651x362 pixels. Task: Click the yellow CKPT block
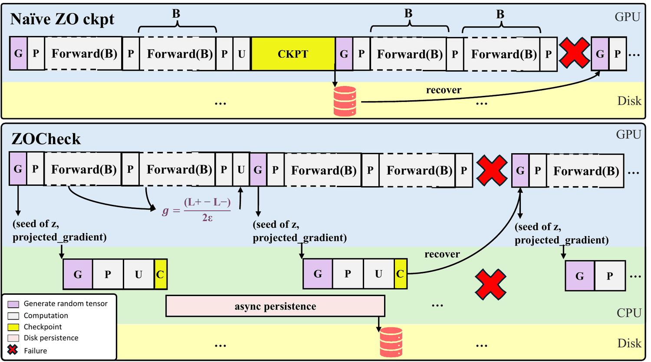[x=293, y=54]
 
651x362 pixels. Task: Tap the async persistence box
[x=275, y=306]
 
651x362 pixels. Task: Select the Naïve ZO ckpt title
[x=62, y=20]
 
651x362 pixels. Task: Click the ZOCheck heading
[x=46, y=139]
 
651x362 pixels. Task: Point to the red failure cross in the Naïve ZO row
[x=574, y=53]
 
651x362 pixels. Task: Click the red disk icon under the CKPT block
[x=345, y=101]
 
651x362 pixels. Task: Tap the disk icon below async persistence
[x=391, y=342]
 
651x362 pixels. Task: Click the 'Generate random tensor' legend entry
[x=58, y=303]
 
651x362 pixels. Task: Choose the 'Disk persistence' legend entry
[x=43, y=338]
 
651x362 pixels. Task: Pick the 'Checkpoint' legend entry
[x=35, y=327]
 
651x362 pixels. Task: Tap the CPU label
[x=629, y=313]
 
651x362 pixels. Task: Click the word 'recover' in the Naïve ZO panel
[x=444, y=90]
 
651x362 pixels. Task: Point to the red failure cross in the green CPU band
[x=490, y=284]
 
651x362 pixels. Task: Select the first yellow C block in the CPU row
[x=161, y=274]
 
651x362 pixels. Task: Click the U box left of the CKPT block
[x=241, y=54]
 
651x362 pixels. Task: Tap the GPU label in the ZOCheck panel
[x=628, y=134]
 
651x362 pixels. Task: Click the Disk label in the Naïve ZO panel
[x=629, y=101]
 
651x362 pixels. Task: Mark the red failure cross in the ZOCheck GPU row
[x=492, y=171]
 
